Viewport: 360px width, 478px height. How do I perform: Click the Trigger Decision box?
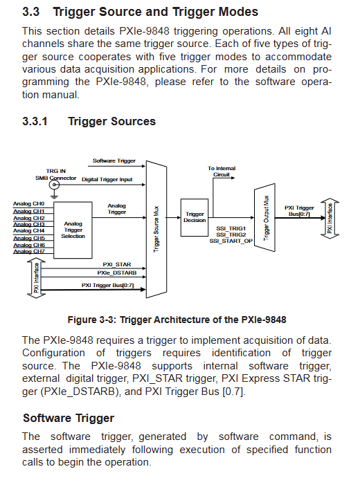(x=195, y=217)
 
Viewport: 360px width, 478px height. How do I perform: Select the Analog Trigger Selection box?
(x=73, y=230)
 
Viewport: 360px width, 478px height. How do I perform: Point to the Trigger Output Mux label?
(x=266, y=218)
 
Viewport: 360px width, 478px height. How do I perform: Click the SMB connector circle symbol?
(x=54, y=185)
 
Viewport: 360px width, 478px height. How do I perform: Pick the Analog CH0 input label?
(x=28, y=203)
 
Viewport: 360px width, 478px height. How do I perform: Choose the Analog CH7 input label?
(x=29, y=252)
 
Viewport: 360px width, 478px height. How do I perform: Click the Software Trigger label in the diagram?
(x=114, y=160)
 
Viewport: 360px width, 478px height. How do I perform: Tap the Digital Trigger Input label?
(x=107, y=180)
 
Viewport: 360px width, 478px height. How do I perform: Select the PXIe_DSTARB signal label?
(x=117, y=273)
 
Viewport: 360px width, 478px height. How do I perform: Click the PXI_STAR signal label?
(x=117, y=265)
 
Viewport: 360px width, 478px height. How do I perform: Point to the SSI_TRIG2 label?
(x=231, y=235)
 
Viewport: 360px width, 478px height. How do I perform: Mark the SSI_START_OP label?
(x=231, y=241)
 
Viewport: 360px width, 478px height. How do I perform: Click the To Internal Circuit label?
(x=222, y=172)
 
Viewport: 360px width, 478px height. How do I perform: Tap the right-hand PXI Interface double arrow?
(x=330, y=219)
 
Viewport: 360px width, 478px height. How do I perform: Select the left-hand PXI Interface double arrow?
(x=36, y=277)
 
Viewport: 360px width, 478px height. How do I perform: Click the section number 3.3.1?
(x=35, y=121)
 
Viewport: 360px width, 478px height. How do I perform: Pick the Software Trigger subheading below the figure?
(x=69, y=418)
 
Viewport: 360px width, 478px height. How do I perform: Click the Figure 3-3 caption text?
(x=177, y=320)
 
